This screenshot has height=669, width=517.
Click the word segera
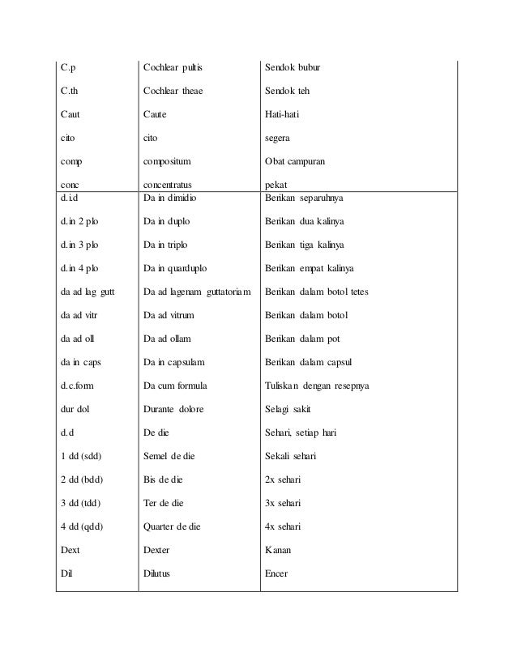coord(279,139)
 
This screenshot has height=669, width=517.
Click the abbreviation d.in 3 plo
coord(82,244)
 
